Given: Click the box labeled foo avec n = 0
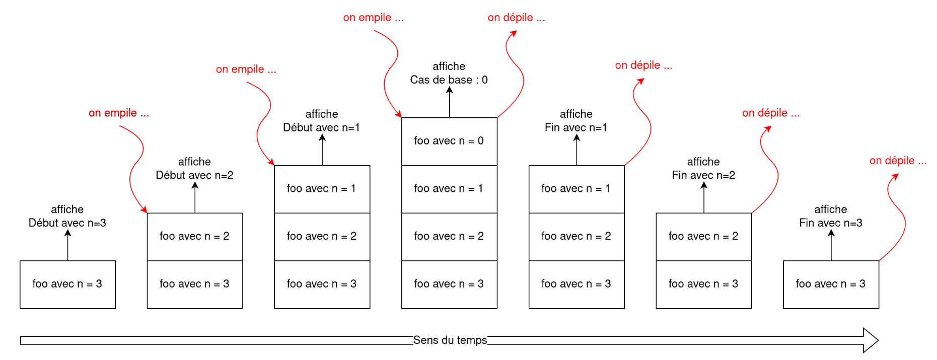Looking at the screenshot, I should [x=449, y=141].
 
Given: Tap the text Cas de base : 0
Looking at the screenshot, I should [x=449, y=80].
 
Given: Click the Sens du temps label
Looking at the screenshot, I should [x=450, y=340].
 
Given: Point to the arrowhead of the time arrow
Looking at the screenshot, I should [x=871, y=340].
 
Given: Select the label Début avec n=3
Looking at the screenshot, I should [x=67, y=223].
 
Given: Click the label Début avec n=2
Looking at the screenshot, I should [x=194, y=175].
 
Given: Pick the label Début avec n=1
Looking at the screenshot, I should [x=321, y=128].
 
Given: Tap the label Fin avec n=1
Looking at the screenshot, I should [x=576, y=128].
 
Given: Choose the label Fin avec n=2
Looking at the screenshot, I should [x=703, y=175].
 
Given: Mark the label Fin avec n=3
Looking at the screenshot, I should [x=831, y=223].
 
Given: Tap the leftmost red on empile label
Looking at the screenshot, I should [x=119, y=113].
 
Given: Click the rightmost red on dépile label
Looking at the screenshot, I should [x=898, y=161].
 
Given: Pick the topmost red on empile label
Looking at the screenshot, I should [x=373, y=18].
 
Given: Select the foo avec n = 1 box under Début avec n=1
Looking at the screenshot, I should [x=322, y=189].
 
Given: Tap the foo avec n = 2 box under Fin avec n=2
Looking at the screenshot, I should [x=703, y=237].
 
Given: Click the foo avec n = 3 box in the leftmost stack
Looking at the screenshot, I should [x=67, y=284].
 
